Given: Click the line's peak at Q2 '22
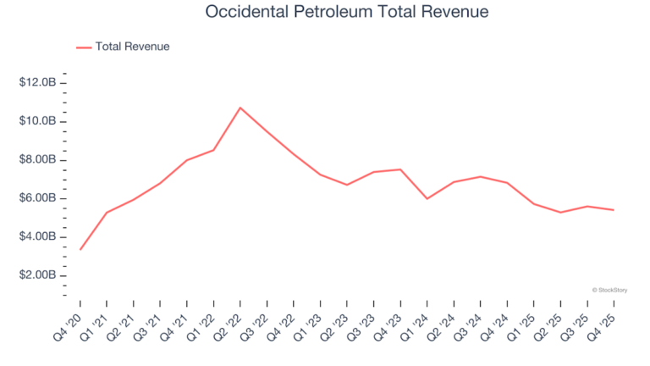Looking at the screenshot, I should (240, 108).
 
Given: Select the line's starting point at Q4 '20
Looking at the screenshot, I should (80, 249).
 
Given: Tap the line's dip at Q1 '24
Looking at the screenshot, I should (427, 198).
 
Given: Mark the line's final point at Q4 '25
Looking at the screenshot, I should (614, 210).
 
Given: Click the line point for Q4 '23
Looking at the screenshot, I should (400, 169).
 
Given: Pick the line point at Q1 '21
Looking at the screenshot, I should (107, 213).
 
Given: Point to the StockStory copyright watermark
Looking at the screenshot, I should (612, 290).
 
